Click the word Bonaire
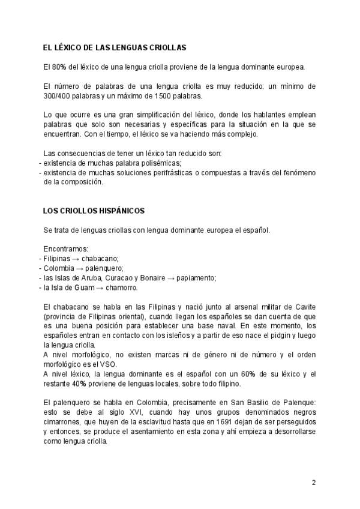pyautogui.click(x=148, y=277)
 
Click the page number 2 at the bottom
pyautogui.click(x=313, y=482)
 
